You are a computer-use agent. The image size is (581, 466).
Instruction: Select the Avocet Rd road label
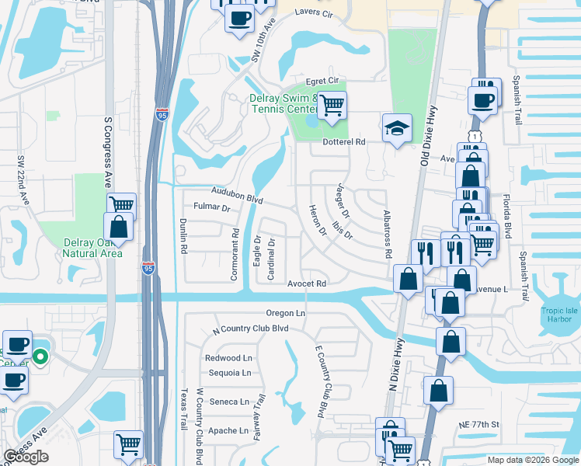pos(307,284)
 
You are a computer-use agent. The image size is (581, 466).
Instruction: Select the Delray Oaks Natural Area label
pos(92,248)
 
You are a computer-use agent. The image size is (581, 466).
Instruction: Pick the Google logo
pos(26,456)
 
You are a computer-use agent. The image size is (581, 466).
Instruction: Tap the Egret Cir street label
pos(323,80)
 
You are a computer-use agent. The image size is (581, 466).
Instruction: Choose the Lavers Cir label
pos(314,14)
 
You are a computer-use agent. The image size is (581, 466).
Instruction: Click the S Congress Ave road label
pos(108,155)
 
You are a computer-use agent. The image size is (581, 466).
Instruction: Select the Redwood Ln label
pos(228,358)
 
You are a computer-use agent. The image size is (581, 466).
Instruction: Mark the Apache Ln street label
pos(228,430)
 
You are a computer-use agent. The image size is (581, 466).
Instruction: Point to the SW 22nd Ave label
pos(23,180)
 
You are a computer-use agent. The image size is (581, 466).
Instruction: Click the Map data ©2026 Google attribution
pos(533,460)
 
